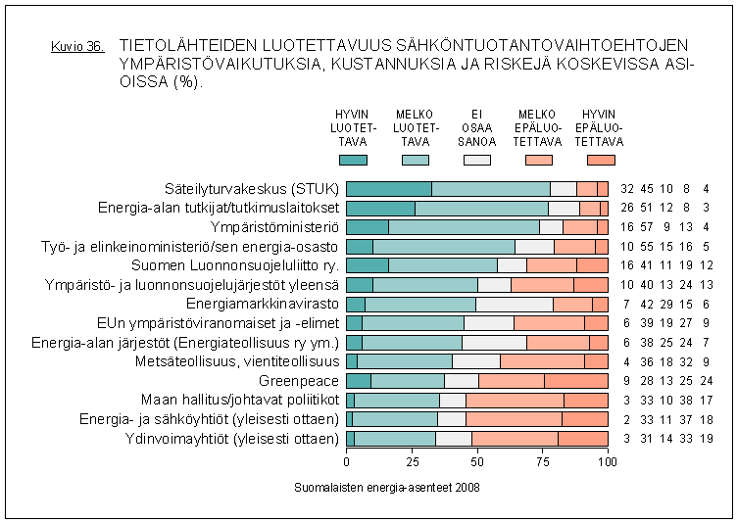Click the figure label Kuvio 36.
[x=76, y=47]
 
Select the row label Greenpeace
[x=299, y=380]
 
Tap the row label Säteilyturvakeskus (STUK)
[x=252, y=189]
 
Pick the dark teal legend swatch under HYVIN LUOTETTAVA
[x=353, y=160]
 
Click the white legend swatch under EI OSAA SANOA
[x=477, y=160]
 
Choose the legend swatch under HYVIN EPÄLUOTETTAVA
[x=601, y=160]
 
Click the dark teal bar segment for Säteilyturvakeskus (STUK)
[x=389, y=189]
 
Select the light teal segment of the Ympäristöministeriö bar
[x=464, y=227]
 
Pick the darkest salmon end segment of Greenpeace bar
[x=576, y=380]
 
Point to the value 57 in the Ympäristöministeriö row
[x=648, y=227]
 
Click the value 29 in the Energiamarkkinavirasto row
[x=666, y=304]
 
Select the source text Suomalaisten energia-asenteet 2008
[x=386, y=486]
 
